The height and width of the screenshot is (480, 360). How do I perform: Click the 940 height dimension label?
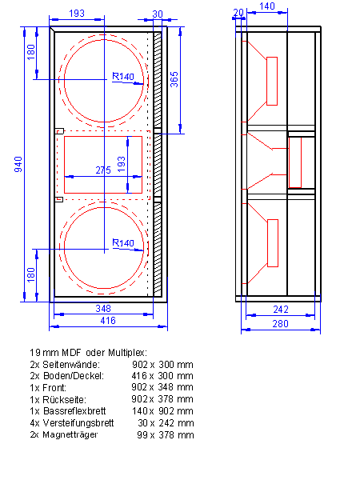[18, 164]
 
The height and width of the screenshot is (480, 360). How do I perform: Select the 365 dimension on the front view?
[174, 79]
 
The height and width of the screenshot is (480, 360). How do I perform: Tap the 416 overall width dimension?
[108, 321]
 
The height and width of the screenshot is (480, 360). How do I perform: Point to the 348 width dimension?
[103, 308]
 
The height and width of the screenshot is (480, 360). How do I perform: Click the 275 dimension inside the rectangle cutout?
[103, 170]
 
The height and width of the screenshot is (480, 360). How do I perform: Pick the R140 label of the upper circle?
[123, 76]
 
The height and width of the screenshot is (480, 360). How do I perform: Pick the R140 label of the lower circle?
[123, 242]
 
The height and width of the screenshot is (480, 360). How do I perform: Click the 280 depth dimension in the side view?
[281, 323]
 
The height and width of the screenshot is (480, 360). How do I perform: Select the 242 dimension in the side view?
[281, 309]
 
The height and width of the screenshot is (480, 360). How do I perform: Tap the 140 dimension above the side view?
[267, 6]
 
